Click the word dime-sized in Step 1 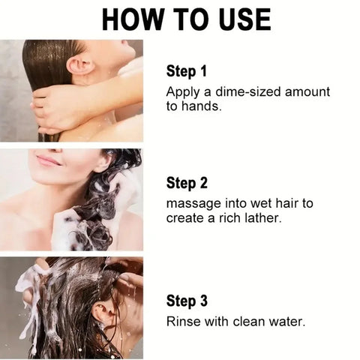point(242,93)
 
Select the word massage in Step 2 point(192,203)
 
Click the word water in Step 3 point(285,322)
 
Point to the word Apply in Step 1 point(182,93)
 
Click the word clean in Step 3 point(249,322)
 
